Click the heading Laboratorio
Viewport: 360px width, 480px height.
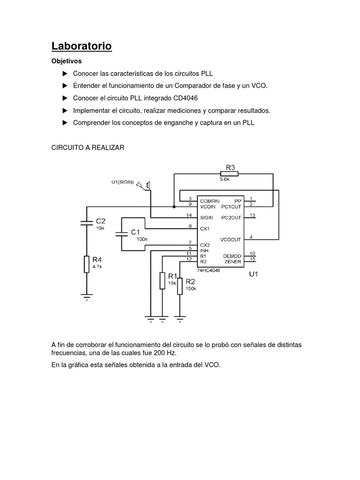81,46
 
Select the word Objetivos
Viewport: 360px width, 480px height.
66,61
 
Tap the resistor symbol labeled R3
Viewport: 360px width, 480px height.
230,173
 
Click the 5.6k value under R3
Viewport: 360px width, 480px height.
226,179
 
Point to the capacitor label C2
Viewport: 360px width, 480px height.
101,220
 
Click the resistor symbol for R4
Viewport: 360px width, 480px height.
86,264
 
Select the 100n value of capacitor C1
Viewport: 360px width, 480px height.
142,239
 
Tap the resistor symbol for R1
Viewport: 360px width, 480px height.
162,280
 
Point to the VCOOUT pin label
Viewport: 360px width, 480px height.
231,239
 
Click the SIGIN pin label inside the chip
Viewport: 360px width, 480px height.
206,217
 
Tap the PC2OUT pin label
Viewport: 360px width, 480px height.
232,217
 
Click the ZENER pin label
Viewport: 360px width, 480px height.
233,261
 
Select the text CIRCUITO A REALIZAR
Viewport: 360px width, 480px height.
88,147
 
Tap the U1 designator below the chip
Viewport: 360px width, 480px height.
253,275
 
